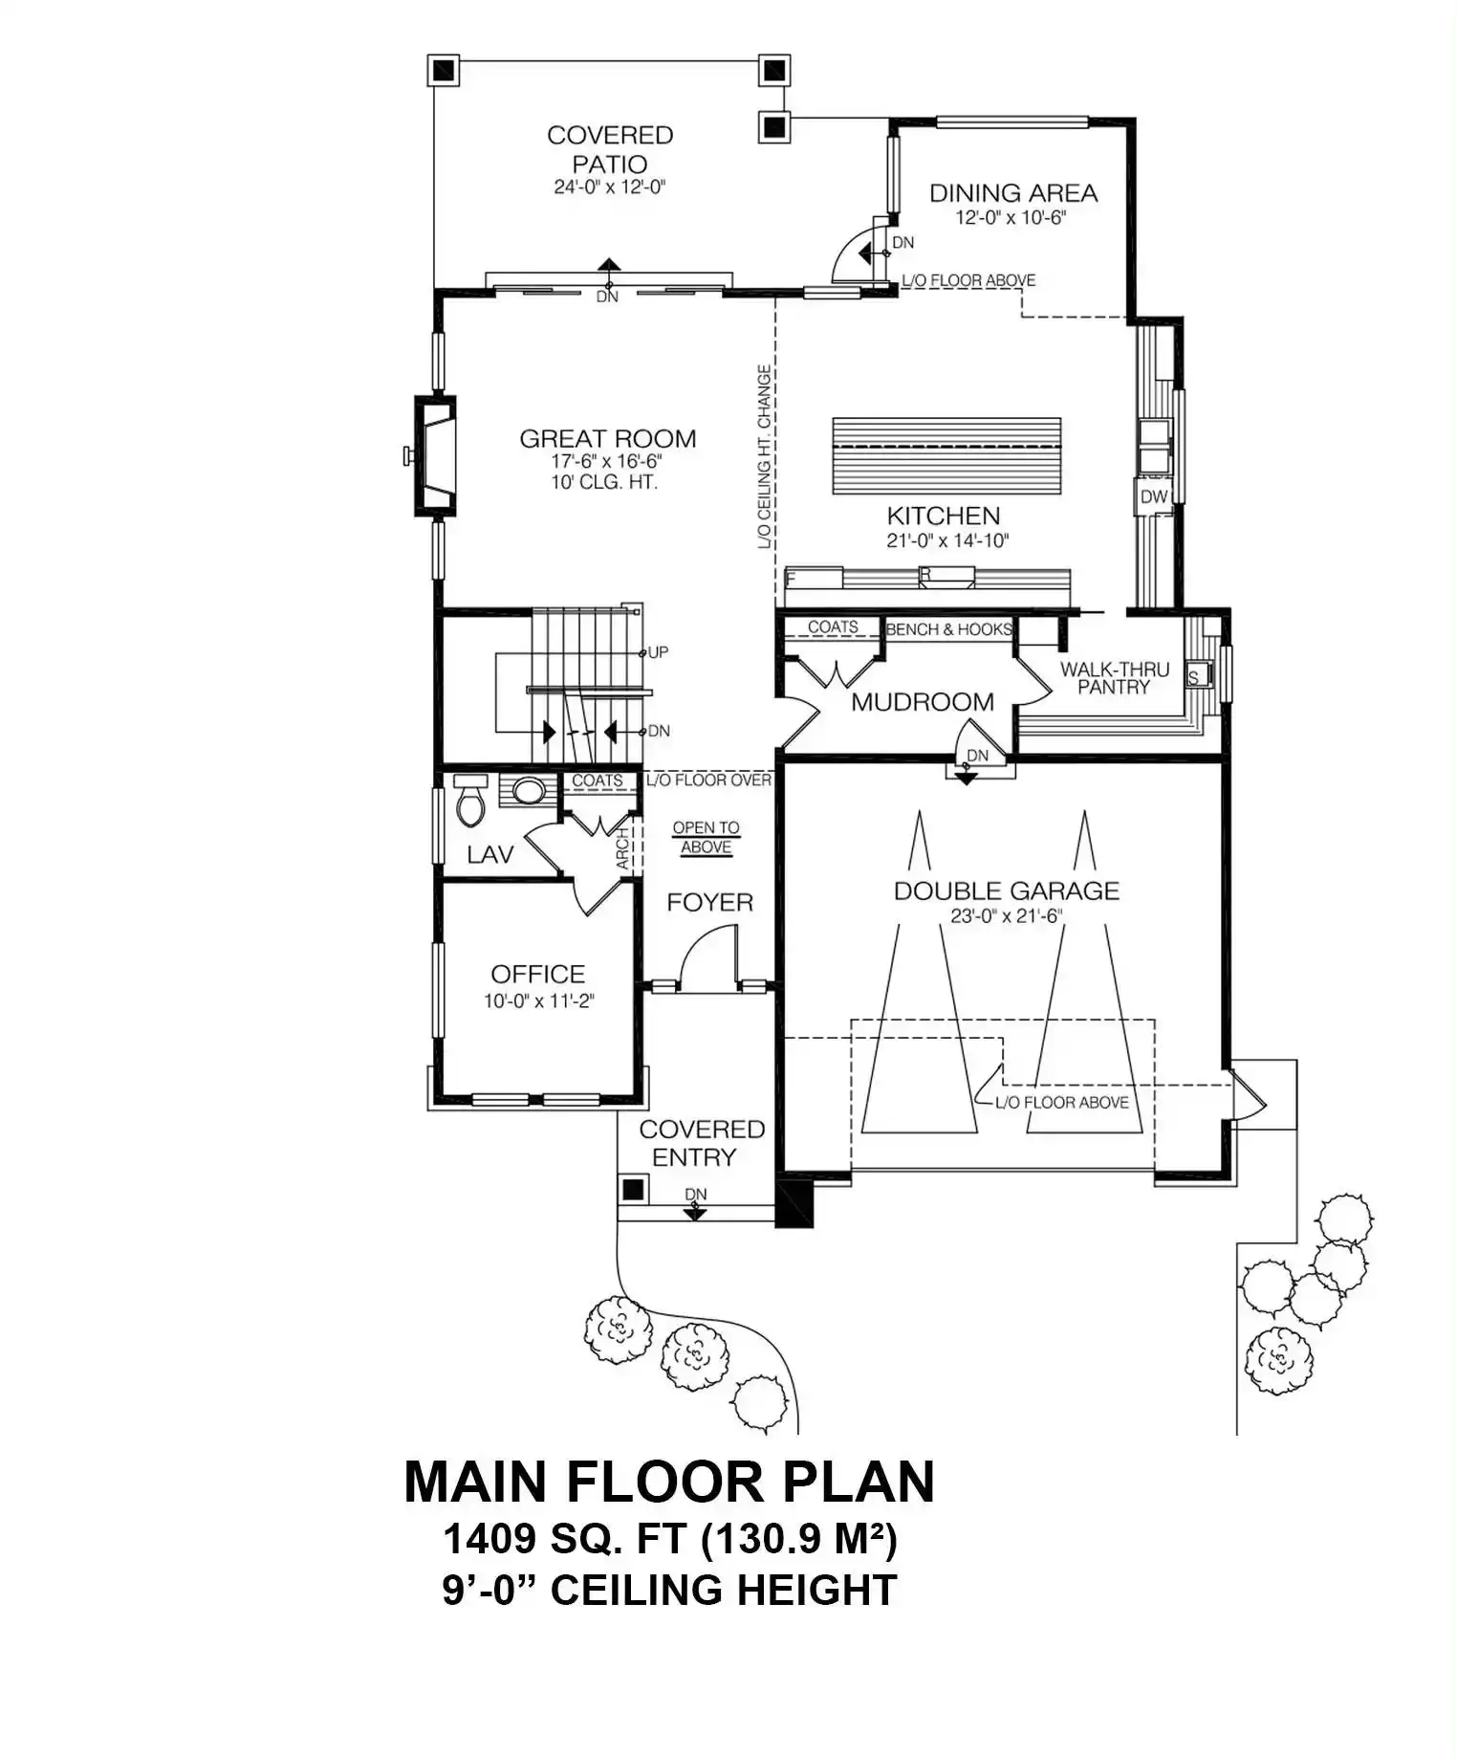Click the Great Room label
point(607,439)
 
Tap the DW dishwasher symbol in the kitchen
point(1154,496)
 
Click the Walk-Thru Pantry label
point(1114,678)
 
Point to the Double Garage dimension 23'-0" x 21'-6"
point(1007,915)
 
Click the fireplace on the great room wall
point(433,455)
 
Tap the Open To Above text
point(706,837)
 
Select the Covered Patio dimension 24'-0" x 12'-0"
point(609,187)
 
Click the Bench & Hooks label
point(949,629)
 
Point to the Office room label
point(538,974)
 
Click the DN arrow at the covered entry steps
point(695,1211)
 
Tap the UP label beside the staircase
point(658,652)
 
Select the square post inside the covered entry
point(632,1191)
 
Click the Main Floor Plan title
point(669,1482)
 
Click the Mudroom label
point(923,702)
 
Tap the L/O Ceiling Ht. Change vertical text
point(764,456)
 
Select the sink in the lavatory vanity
point(529,791)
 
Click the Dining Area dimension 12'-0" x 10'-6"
point(1011,217)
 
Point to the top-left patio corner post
point(443,70)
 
